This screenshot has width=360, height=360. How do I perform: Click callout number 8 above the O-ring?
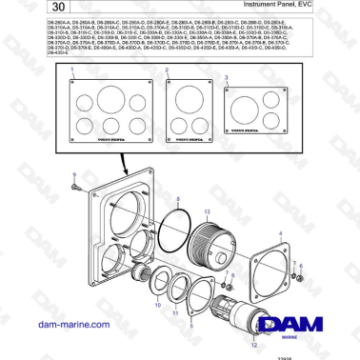tap(176, 196)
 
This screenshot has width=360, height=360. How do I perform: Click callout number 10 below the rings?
tap(158, 307)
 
